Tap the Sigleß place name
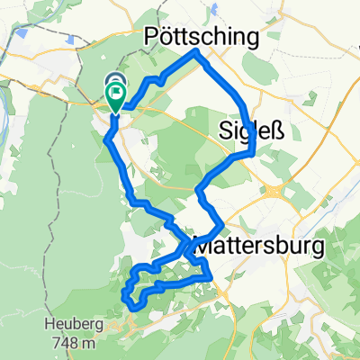(x=247, y=131)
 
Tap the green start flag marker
(x=116, y=94)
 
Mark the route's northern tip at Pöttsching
(x=197, y=53)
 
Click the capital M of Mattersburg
(x=205, y=244)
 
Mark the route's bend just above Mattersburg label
(x=219, y=225)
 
